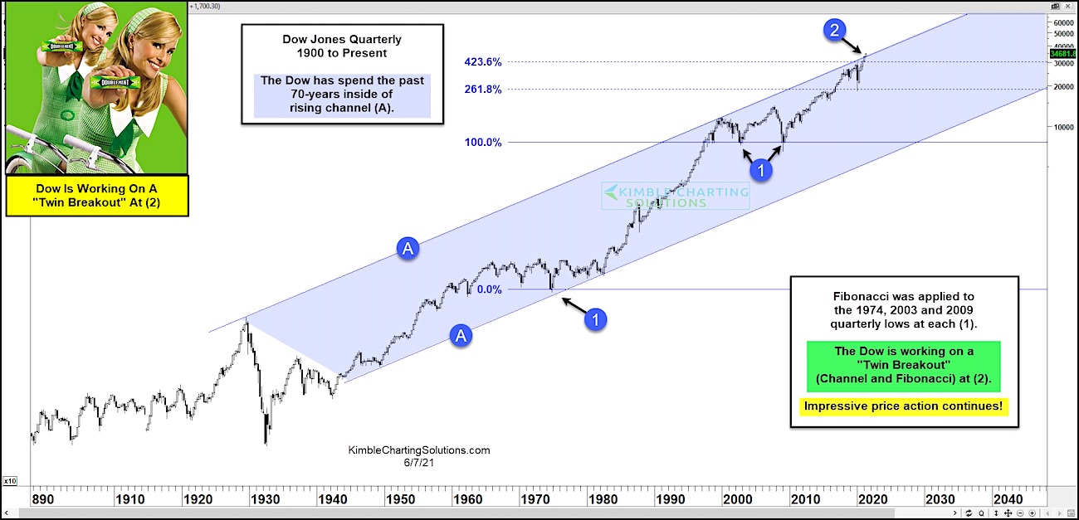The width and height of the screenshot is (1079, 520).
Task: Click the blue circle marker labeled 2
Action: (x=835, y=31)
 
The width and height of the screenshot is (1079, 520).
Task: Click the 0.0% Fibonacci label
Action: (x=490, y=289)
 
